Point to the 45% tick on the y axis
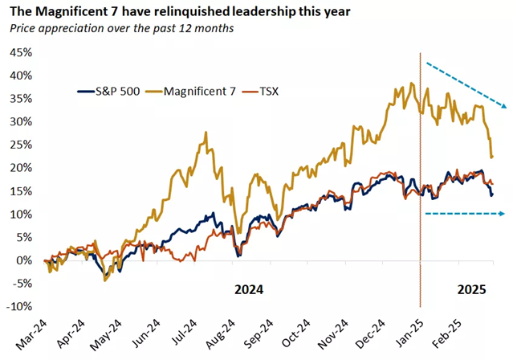coord(18,53)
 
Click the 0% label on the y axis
coord(22,260)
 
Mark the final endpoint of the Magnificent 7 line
coord(492,157)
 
